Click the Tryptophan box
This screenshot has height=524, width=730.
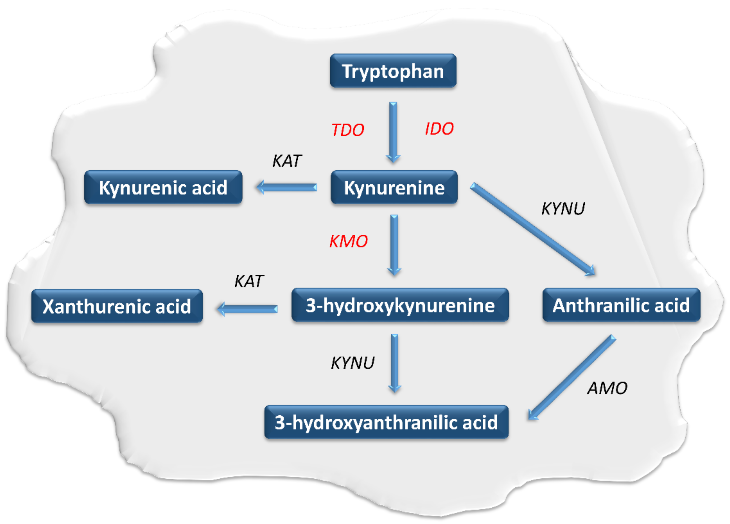tap(393, 71)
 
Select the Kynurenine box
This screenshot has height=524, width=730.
tap(394, 187)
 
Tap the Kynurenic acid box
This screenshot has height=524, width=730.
tap(163, 187)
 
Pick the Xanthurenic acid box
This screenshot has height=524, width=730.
tap(117, 306)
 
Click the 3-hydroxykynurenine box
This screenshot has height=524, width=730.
tap(400, 305)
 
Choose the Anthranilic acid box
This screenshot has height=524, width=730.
tap(621, 305)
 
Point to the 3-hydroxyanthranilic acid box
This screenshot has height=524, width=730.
tap(386, 422)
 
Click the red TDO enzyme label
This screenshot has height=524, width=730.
tap(348, 130)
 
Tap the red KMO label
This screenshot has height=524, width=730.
tap(349, 241)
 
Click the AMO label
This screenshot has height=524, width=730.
tap(607, 388)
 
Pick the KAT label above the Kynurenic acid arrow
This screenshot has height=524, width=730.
tap(287, 161)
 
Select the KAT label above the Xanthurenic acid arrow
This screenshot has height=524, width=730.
tap(249, 281)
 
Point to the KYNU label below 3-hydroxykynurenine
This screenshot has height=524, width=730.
tap(353, 363)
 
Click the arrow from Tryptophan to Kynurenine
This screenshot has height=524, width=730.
tap(393, 132)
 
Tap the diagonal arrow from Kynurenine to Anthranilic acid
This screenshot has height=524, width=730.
tap(533, 230)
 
